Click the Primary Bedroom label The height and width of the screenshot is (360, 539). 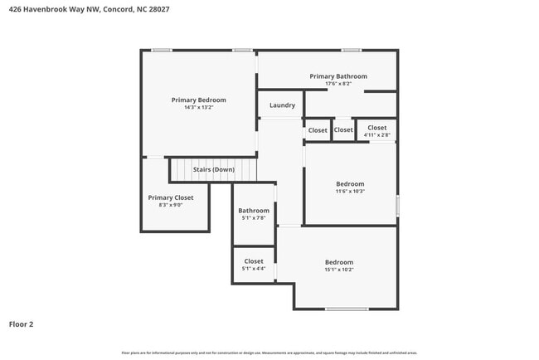click(x=198, y=100)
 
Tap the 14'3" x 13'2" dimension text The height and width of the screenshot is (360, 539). click(x=198, y=107)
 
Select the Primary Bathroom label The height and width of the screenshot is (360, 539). click(x=338, y=76)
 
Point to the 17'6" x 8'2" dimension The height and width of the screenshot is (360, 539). click(x=338, y=84)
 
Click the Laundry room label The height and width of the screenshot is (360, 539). click(x=282, y=105)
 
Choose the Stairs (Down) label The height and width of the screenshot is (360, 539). click(x=214, y=169)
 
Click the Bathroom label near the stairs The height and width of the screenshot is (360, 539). click(x=254, y=211)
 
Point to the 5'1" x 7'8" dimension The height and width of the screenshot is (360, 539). click(x=254, y=218)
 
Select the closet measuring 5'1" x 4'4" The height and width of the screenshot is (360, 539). click(x=254, y=265)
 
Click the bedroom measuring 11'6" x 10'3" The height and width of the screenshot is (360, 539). click(x=350, y=187)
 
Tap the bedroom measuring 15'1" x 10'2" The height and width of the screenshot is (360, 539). click(x=338, y=265)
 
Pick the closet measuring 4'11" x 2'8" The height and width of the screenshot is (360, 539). click(x=376, y=131)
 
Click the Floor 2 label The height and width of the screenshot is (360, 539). click(x=22, y=324)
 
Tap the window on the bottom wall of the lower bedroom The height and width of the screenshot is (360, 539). click(x=346, y=309)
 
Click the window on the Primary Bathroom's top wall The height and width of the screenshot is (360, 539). click(x=352, y=51)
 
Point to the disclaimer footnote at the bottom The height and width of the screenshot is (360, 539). click(x=269, y=353)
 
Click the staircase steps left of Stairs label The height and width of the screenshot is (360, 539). click(x=181, y=170)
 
